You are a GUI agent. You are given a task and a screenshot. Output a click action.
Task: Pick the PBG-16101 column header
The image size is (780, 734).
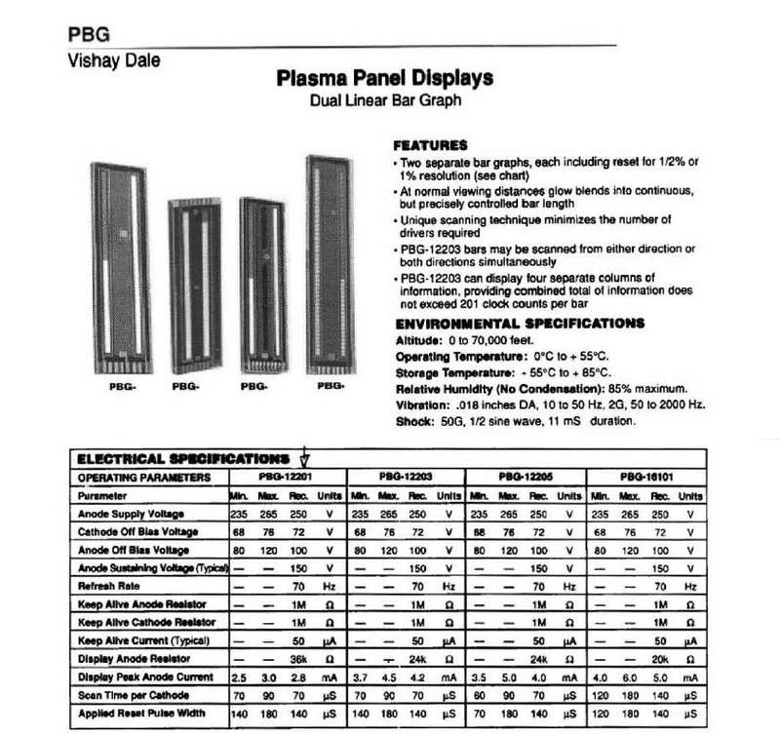[x=645, y=478]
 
